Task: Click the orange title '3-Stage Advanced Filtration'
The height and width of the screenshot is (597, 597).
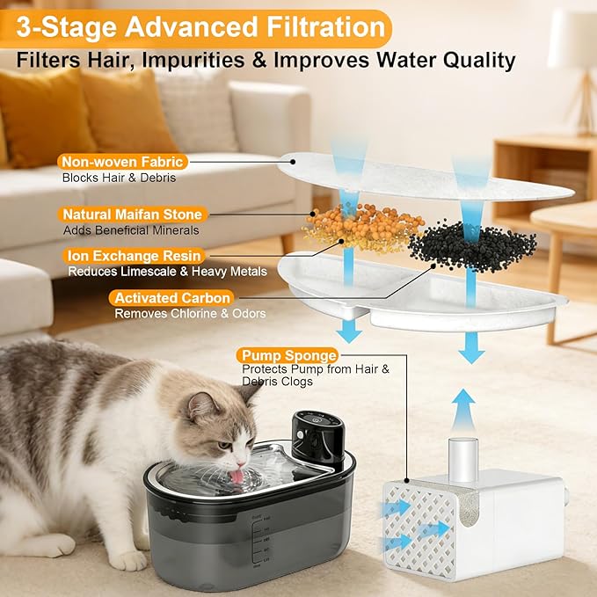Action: [197, 28]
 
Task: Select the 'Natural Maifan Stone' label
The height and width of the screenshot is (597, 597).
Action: [133, 215]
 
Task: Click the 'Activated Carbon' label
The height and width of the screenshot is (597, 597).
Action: [172, 298]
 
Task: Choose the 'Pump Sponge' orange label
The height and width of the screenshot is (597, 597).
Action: [287, 355]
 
